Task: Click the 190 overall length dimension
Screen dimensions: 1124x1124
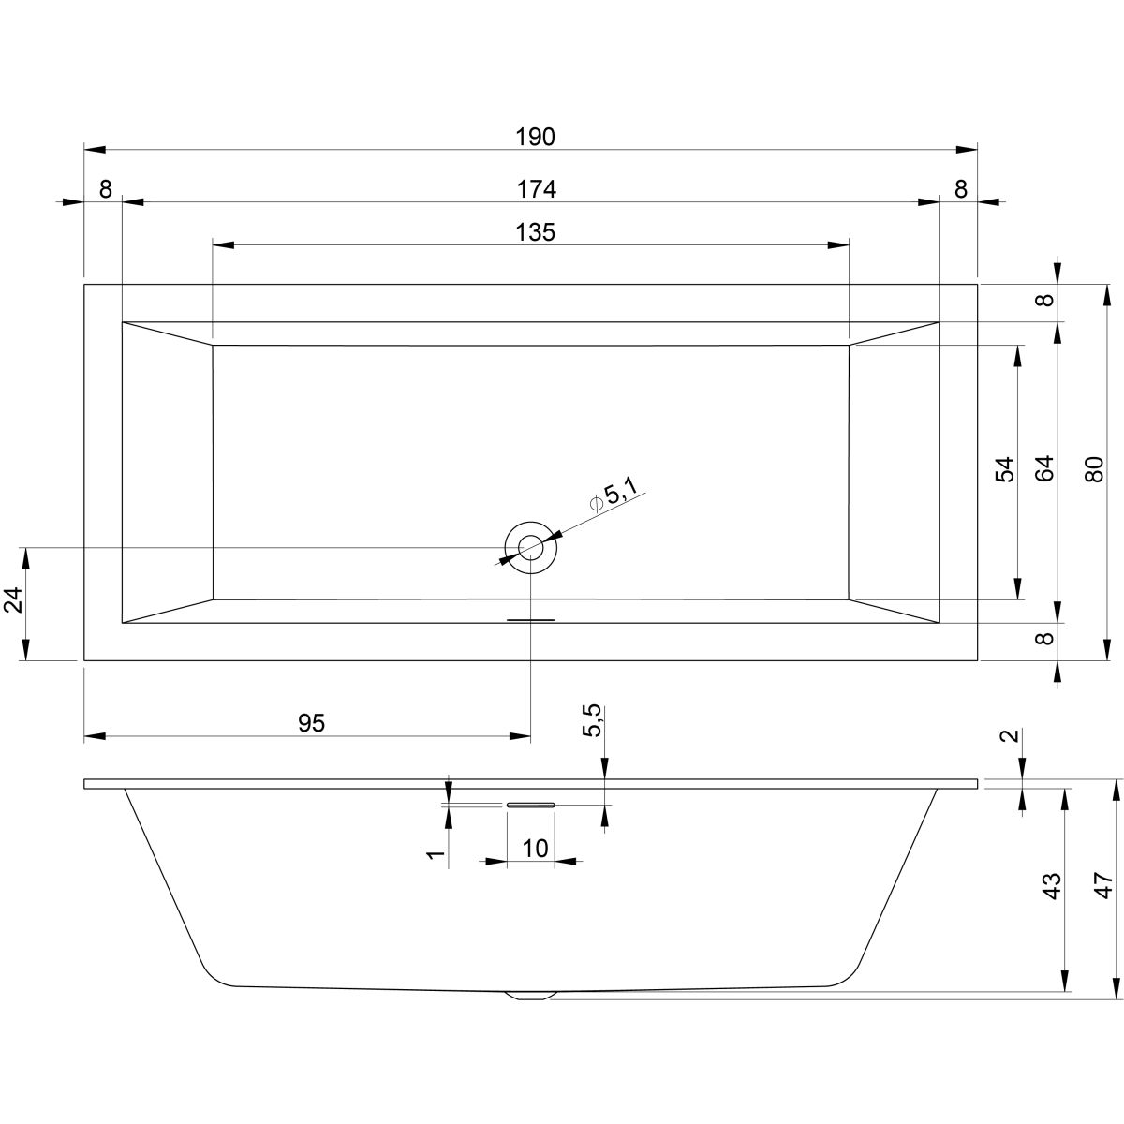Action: click(535, 137)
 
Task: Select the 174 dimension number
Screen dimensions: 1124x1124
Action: click(536, 189)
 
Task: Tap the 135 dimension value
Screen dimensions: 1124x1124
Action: click(535, 232)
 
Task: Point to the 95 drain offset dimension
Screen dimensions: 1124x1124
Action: click(311, 723)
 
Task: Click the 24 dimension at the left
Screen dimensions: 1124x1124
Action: click(13, 599)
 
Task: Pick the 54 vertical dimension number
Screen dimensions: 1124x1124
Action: click(1005, 469)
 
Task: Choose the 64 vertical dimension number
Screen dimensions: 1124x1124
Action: click(1045, 467)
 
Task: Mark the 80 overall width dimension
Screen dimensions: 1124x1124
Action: click(1094, 469)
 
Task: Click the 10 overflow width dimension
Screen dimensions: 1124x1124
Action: click(534, 848)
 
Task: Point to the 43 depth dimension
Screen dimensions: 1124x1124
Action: click(1051, 886)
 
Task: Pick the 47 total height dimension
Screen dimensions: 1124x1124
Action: click(1102, 885)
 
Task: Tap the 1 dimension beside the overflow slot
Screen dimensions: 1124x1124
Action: click(436, 855)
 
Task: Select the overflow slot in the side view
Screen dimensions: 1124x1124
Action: click(530, 805)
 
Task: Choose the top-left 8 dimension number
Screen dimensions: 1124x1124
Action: click(105, 189)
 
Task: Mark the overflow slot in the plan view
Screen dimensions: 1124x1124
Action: click(530, 619)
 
